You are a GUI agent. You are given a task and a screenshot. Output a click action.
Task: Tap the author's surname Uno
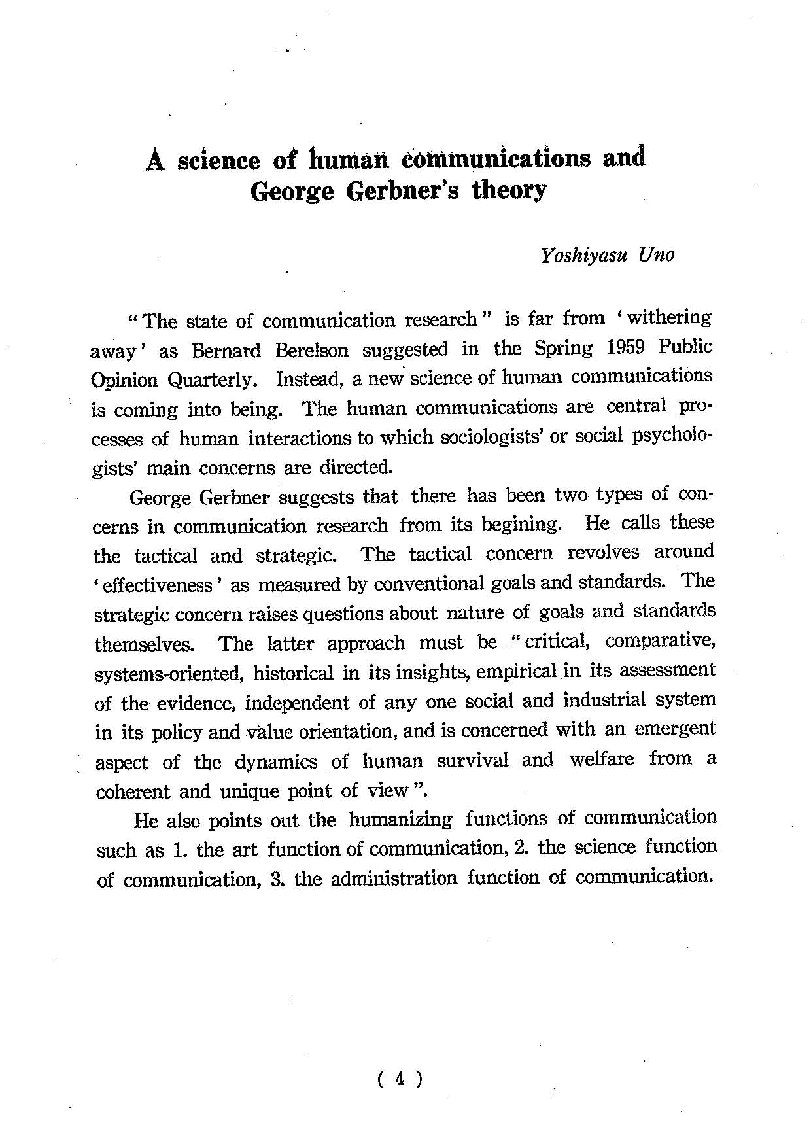(x=657, y=254)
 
